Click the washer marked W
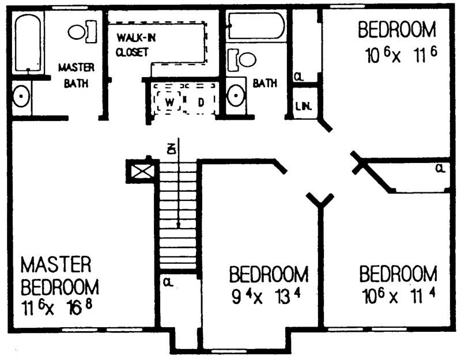(x=169, y=102)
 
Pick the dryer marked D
(x=201, y=102)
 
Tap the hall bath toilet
(x=243, y=59)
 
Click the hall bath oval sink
(x=236, y=96)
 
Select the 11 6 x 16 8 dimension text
(x=56, y=306)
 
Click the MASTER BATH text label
(x=76, y=75)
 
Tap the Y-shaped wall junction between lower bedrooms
(x=319, y=201)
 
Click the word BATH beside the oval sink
(x=264, y=84)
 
